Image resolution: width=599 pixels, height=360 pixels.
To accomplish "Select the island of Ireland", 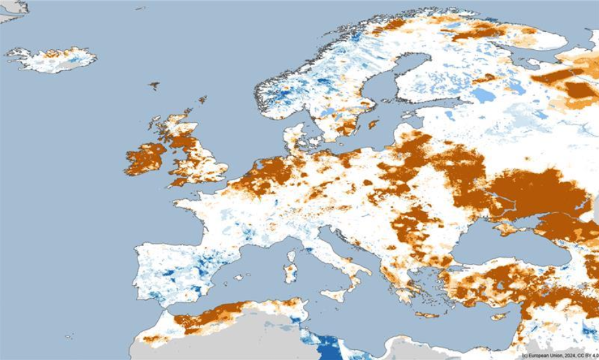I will (x=146, y=159).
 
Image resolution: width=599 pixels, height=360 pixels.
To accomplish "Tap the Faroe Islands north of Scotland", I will (x=153, y=85).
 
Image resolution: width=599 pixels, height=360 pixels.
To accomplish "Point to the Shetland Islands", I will (x=203, y=100).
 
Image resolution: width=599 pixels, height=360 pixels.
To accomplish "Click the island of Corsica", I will (x=292, y=256).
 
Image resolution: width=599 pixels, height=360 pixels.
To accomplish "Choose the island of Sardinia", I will (x=290, y=274).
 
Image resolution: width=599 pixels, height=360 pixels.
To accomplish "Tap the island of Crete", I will (x=427, y=315).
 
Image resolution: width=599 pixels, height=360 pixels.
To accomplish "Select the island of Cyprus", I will (x=499, y=316).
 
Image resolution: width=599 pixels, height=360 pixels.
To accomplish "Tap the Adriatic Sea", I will (x=345, y=253).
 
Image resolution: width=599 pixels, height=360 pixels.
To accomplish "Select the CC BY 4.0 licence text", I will (x=585, y=356).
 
